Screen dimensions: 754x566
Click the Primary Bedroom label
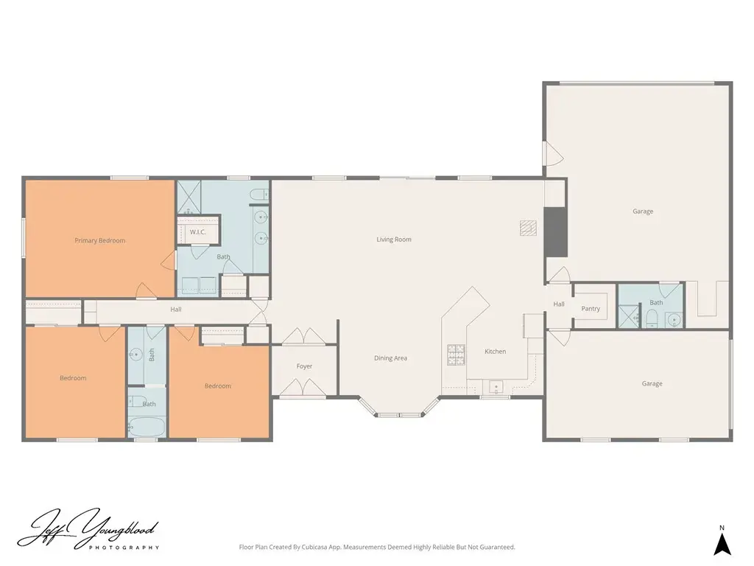99,240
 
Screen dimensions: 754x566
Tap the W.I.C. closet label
197,232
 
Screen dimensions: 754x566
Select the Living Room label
394,240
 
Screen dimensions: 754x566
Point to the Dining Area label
390,358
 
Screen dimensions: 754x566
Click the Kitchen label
496,352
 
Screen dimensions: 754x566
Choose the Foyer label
304,366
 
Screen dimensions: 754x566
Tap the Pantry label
591,309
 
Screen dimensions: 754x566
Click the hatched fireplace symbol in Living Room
528,228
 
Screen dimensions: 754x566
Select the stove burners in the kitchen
457,354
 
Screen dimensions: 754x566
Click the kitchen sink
496,386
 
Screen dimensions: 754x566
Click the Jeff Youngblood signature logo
88,529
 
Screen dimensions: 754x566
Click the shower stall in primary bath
188,198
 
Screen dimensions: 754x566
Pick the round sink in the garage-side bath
673,319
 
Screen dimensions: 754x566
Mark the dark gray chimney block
555,232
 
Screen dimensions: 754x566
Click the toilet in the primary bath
259,195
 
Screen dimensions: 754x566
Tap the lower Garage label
652,383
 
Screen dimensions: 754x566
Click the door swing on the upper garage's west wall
552,153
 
